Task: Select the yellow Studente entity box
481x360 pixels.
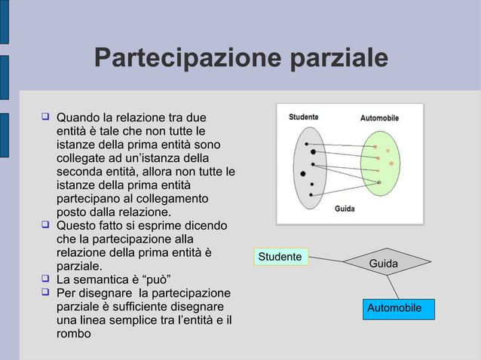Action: point(280,257)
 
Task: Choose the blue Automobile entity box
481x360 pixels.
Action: point(393,308)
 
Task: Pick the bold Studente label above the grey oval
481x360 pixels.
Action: point(303,117)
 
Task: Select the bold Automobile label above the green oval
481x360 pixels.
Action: point(379,117)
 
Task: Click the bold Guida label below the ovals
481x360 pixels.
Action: point(345,209)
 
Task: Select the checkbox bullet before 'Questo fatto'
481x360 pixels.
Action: point(45,224)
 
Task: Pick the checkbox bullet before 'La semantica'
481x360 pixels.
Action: point(45,279)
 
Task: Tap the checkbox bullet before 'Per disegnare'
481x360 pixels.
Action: point(45,292)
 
